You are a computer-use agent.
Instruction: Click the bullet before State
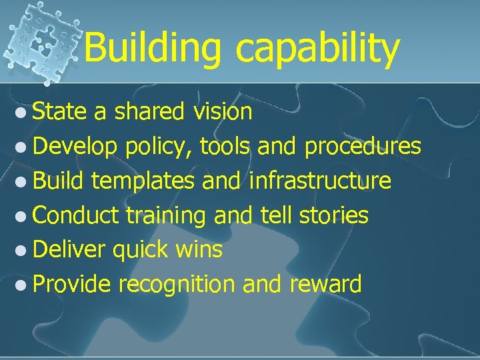click(x=22, y=113)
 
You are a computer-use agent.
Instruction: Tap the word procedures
click(x=363, y=147)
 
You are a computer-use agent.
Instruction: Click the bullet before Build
click(x=22, y=181)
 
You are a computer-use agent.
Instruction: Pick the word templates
click(x=143, y=181)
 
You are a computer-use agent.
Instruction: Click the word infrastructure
click(x=320, y=181)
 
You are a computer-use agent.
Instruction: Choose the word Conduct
click(x=75, y=215)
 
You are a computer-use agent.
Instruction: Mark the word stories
click(x=333, y=215)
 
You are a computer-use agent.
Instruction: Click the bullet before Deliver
click(x=22, y=251)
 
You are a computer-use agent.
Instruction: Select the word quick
click(x=141, y=251)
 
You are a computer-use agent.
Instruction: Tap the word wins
click(x=199, y=250)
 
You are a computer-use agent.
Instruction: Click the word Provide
click(x=71, y=285)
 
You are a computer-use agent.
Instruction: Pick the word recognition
click(x=177, y=285)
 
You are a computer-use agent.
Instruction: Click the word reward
click(x=325, y=285)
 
